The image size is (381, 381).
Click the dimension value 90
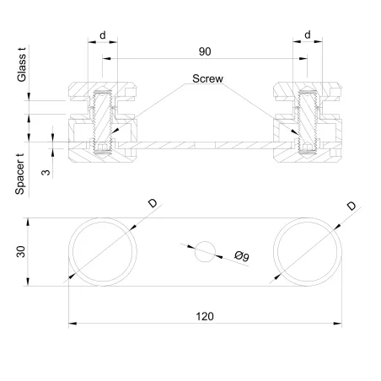(x=204, y=51)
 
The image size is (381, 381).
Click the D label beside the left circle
(x=153, y=204)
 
